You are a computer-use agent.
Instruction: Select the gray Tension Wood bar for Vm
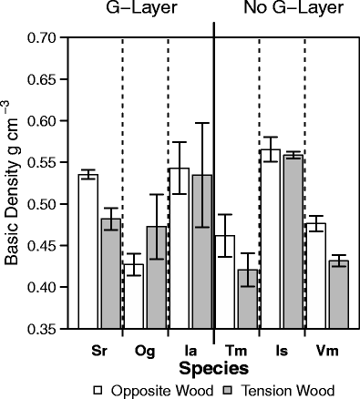[337, 295]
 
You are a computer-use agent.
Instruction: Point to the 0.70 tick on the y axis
[67, 37]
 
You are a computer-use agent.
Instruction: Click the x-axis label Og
[145, 350]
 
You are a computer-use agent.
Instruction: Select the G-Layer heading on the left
[143, 10]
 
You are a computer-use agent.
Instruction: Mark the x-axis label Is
[280, 350]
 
